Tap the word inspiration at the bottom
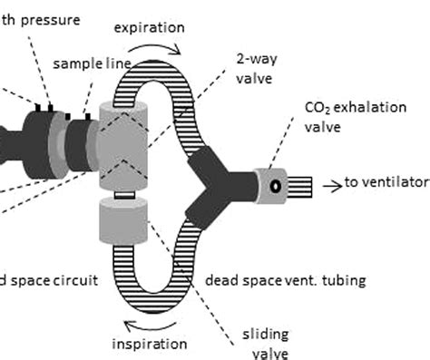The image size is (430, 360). [150, 344]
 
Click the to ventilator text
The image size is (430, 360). [386, 183]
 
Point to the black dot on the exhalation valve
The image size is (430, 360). [272, 184]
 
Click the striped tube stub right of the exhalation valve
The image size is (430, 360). [303, 184]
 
